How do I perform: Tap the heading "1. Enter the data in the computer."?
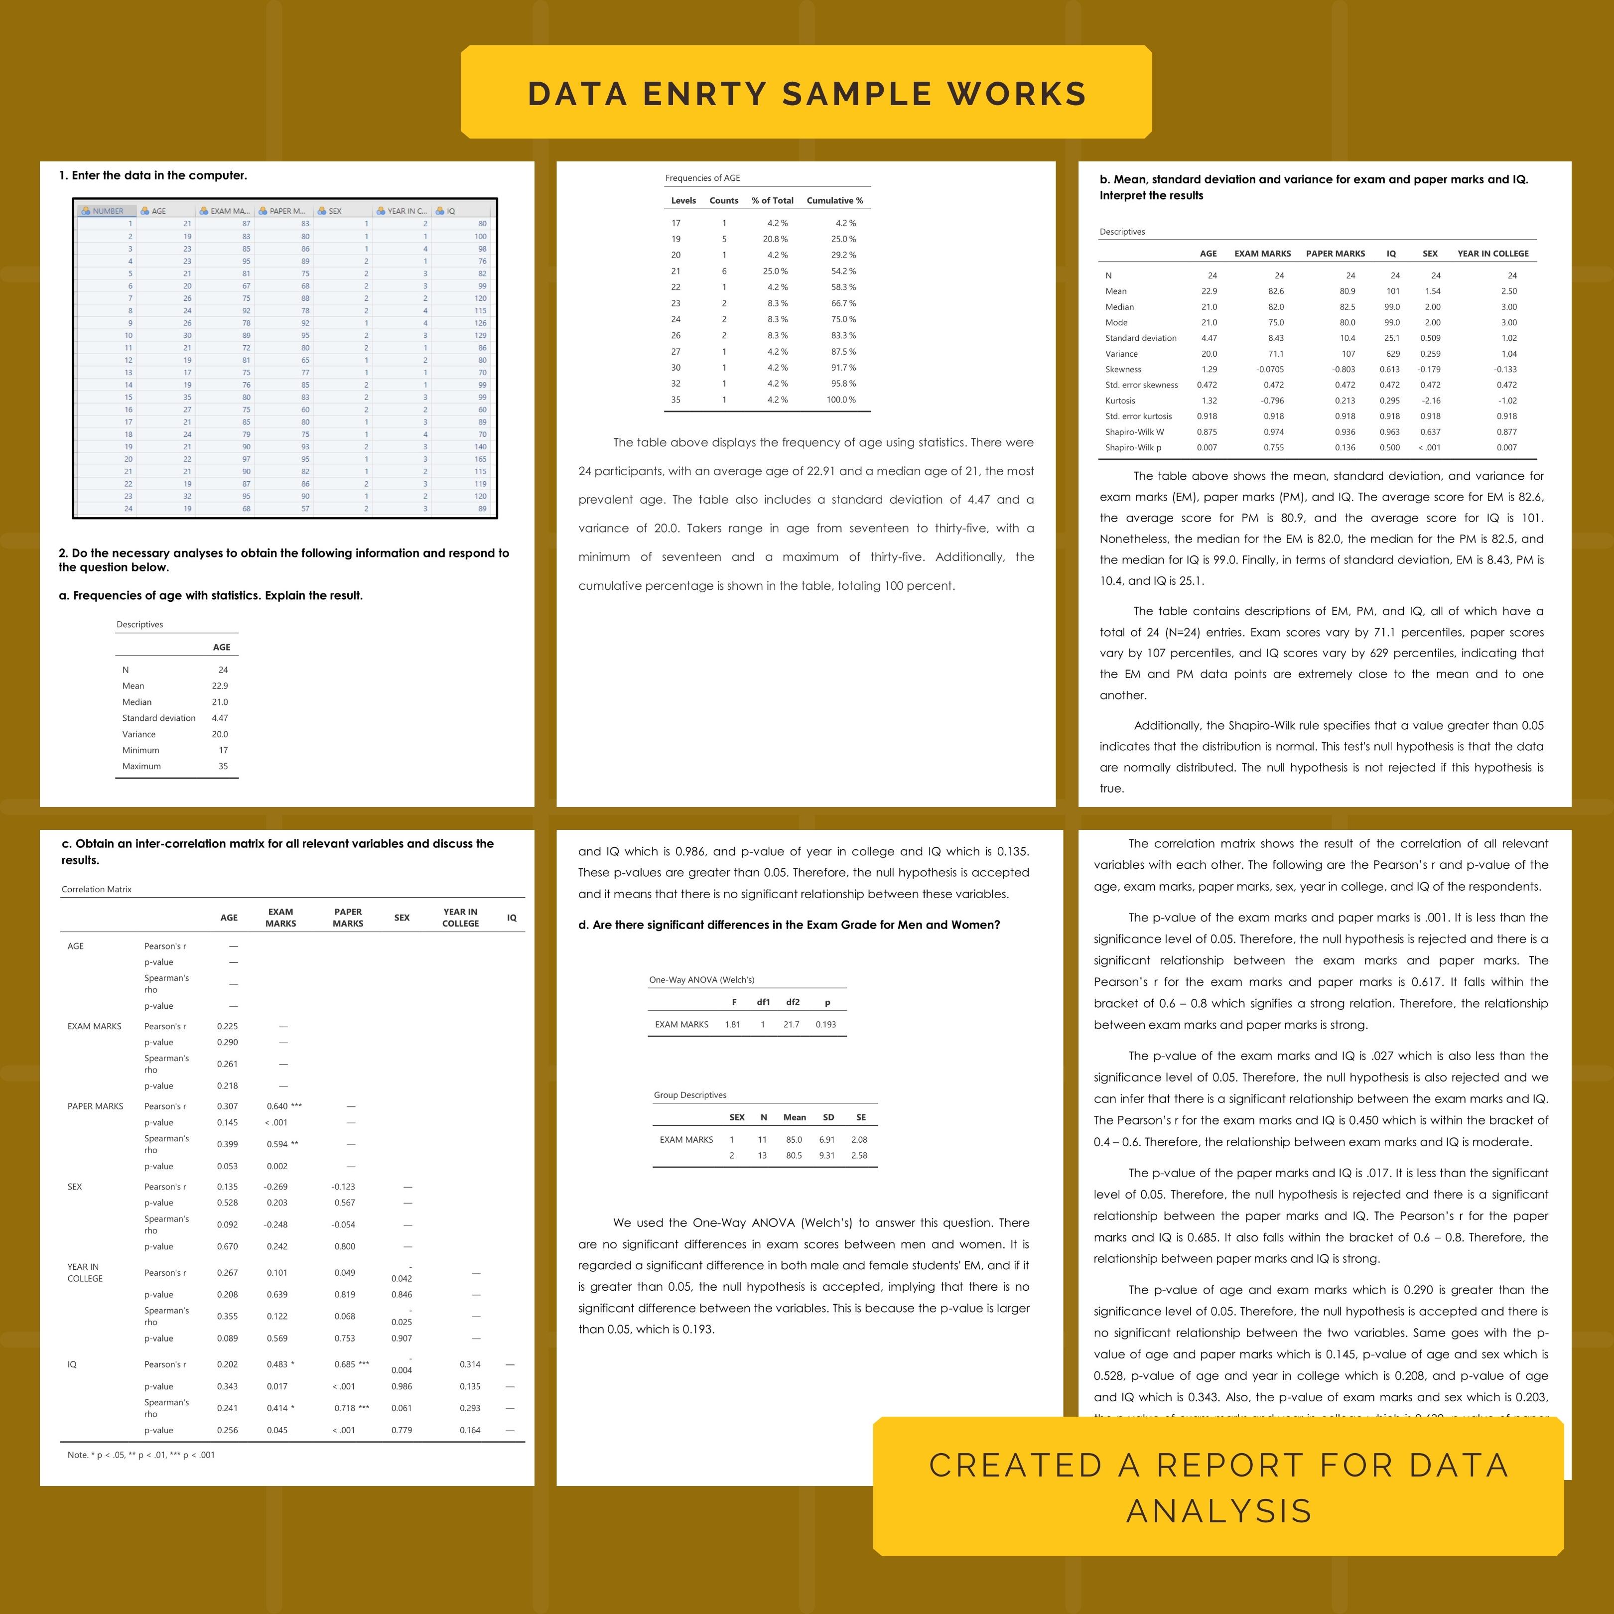[153, 175]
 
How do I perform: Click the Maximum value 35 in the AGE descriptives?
[223, 766]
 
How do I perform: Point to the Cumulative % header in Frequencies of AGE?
[834, 200]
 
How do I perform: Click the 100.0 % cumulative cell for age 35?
[841, 400]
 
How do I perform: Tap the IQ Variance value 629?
[1393, 353]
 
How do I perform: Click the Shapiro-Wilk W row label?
[1134, 432]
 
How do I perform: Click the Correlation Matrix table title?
[96, 889]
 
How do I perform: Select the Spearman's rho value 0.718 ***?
[351, 1408]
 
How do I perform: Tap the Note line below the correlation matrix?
[140, 1455]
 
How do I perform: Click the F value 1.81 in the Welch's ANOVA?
[733, 1024]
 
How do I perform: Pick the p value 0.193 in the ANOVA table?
[825, 1024]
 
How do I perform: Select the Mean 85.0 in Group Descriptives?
[794, 1139]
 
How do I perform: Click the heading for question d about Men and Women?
[789, 925]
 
